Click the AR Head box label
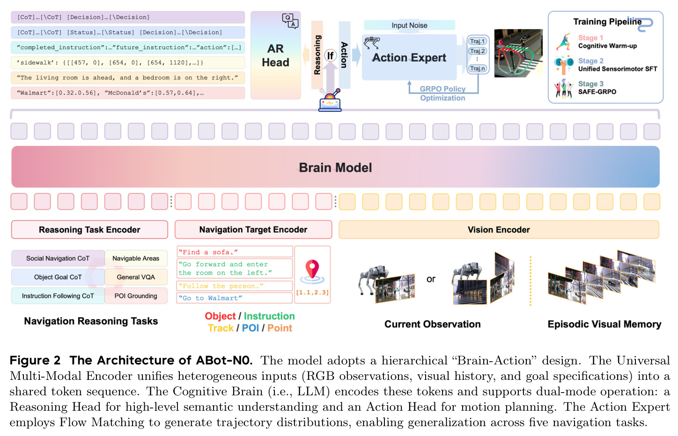pos(275,56)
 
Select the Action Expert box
pos(409,57)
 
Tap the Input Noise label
pos(409,25)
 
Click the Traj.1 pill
pos(477,41)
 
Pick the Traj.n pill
pos(477,69)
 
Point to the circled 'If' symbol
pos(330,55)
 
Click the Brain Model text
pos(335,167)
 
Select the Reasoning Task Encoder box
pos(89,230)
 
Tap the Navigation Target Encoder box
pos(253,230)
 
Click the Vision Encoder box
pos(499,230)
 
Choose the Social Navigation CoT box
pos(58,259)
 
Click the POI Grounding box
pos(136,296)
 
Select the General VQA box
pos(136,277)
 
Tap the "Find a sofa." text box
pos(235,252)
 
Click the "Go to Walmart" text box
pos(235,298)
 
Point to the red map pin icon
pos(312,269)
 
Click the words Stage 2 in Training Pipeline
pos(591,61)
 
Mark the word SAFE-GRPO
pos(597,92)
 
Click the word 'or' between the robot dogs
pos(431,279)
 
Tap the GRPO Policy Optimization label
pos(442,94)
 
